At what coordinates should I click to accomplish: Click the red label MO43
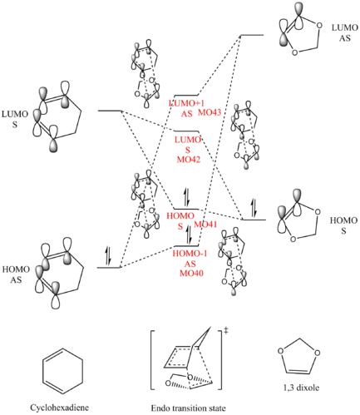coord(210,112)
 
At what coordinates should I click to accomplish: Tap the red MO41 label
coord(205,225)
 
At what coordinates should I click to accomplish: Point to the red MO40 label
coord(191,273)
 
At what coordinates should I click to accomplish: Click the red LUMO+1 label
coord(186,103)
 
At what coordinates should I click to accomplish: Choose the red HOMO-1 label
coord(190,254)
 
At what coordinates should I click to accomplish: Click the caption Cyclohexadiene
coord(60,408)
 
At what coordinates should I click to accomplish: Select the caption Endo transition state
coord(189,408)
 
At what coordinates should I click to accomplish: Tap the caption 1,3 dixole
coord(301,388)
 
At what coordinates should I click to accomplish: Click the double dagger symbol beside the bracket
coord(226,330)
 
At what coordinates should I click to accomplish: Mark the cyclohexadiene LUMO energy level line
coord(110,111)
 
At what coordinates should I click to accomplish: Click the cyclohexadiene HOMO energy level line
coord(108,268)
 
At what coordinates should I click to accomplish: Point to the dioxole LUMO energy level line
coord(252,35)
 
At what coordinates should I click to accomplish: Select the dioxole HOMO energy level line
coord(254,220)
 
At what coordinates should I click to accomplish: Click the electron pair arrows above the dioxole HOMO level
coord(254,208)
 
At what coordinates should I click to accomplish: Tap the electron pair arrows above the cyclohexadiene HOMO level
coord(108,255)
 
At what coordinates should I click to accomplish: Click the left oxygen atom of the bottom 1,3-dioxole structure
coord(281,351)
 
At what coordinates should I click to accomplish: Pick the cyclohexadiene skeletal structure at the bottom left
coord(62,371)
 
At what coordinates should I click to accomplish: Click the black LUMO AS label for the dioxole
coord(345,32)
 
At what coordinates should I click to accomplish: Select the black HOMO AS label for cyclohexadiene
coord(16,274)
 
